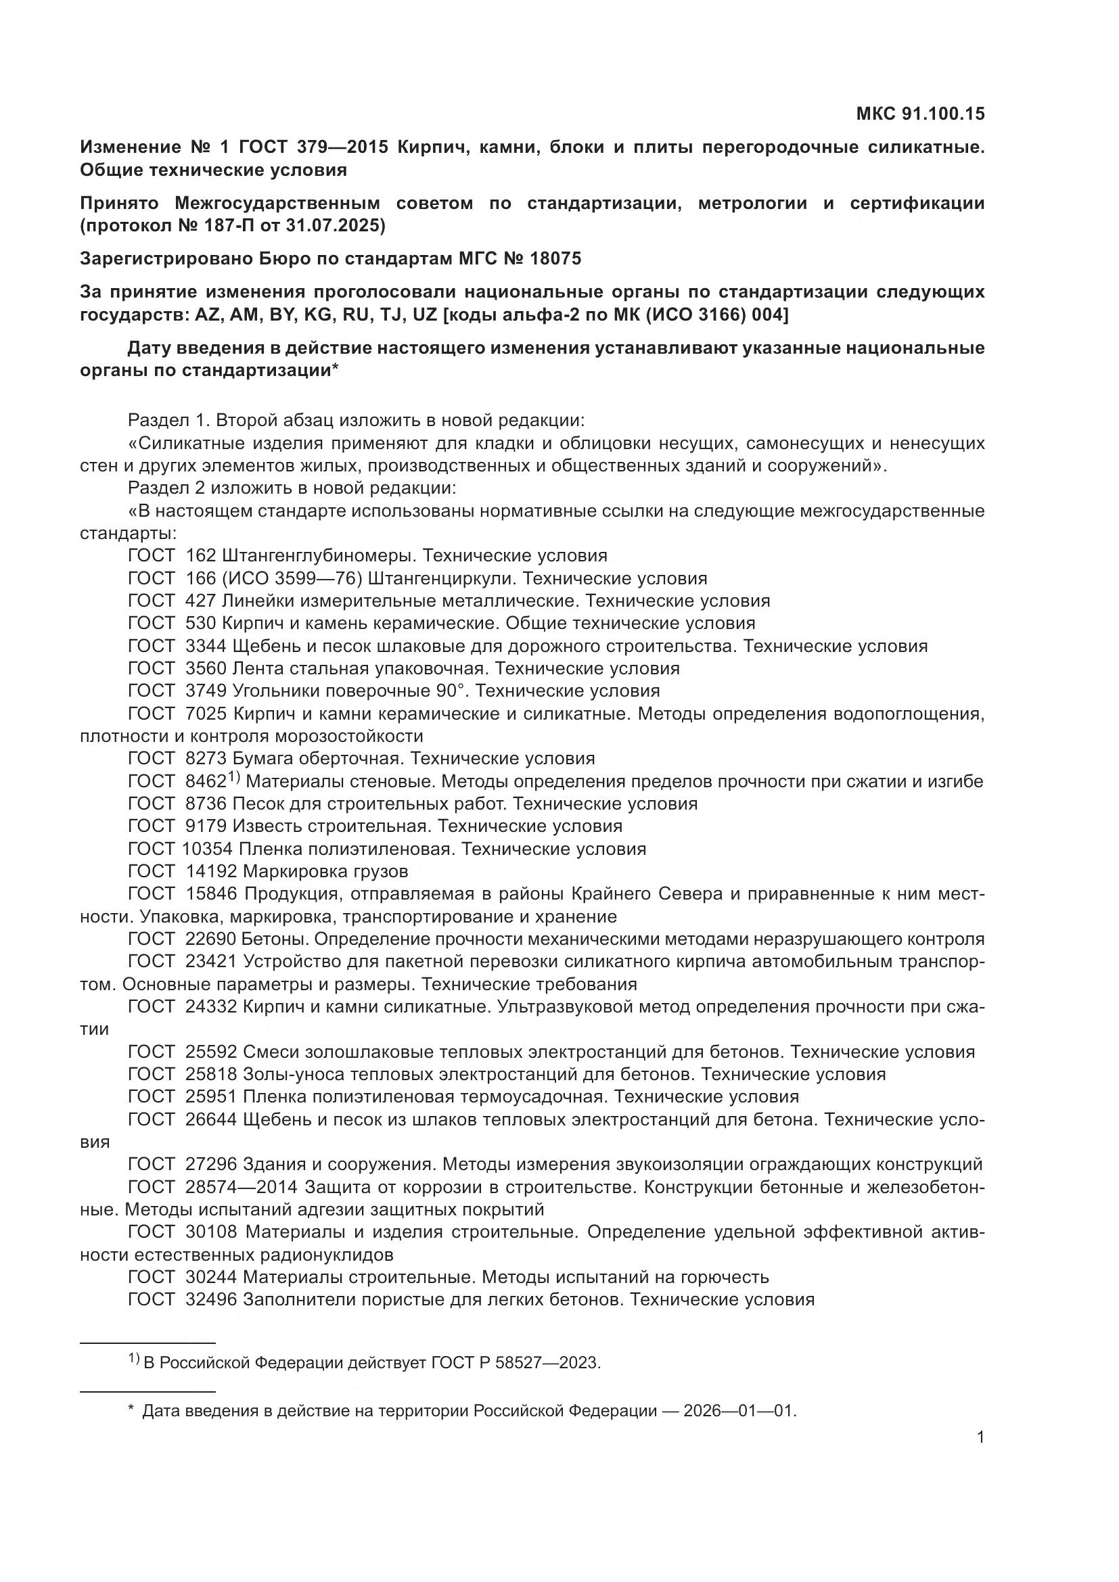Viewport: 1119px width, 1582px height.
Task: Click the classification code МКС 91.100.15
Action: coord(920,114)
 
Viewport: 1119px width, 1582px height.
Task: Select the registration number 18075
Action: coord(555,258)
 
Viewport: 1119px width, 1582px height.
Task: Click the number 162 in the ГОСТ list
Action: coord(201,555)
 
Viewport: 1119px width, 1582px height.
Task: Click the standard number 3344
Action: coord(206,647)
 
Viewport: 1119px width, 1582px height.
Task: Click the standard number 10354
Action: coord(208,849)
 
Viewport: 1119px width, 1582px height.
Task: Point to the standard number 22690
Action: coord(211,939)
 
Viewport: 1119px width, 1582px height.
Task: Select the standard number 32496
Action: coord(211,1299)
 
